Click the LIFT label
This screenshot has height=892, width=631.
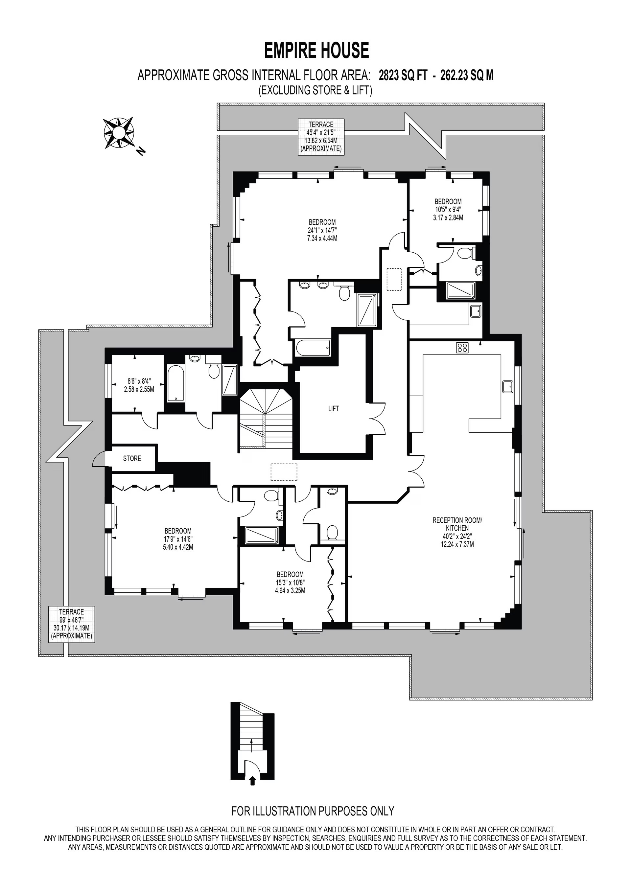coord(333,409)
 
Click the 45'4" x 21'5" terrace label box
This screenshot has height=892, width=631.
coord(321,137)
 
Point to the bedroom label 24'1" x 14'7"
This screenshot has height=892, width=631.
coord(322,230)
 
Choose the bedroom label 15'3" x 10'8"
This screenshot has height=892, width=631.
coord(290,583)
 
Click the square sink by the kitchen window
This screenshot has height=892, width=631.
coord(508,387)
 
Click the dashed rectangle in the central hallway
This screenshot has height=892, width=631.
coord(284,472)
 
